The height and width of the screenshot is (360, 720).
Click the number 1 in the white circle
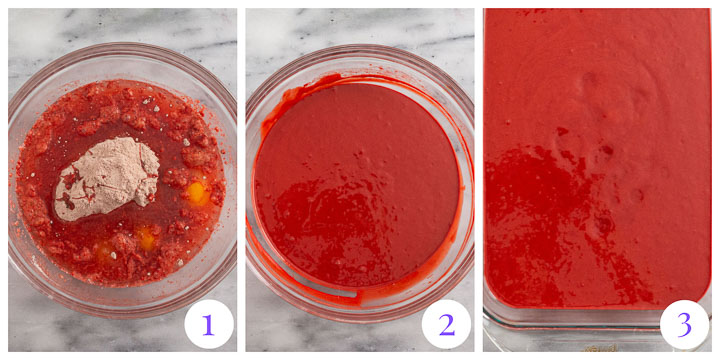pyautogui.click(x=208, y=324)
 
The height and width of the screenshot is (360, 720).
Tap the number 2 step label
pyautogui.click(x=445, y=324)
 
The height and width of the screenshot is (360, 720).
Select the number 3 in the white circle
pyautogui.click(x=684, y=324)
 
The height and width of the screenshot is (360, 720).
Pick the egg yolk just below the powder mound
pyautogui.click(x=144, y=237)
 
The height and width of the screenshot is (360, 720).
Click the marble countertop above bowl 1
pyautogui.click(x=120, y=25)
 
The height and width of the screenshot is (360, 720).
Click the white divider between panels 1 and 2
pyautogui.click(x=241, y=180)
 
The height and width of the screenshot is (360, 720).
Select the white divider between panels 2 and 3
pyautogui.click(x=479, y=180)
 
